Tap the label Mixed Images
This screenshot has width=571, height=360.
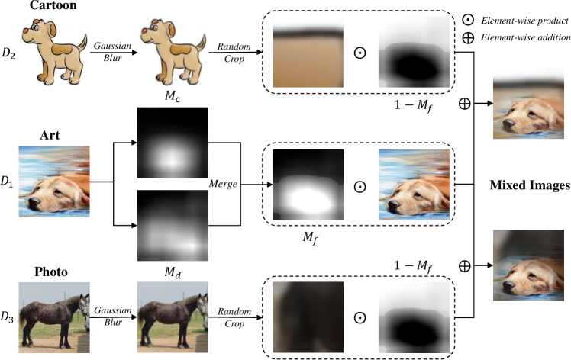pyautogui.click(x=528, y=185)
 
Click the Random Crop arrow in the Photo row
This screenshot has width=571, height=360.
pyautogui.click(x=234, y=314)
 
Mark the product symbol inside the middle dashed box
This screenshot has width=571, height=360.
pyautogui.click(x=360, y=185)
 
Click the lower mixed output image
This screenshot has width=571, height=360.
pyautogui.click(x=531, y=266)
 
